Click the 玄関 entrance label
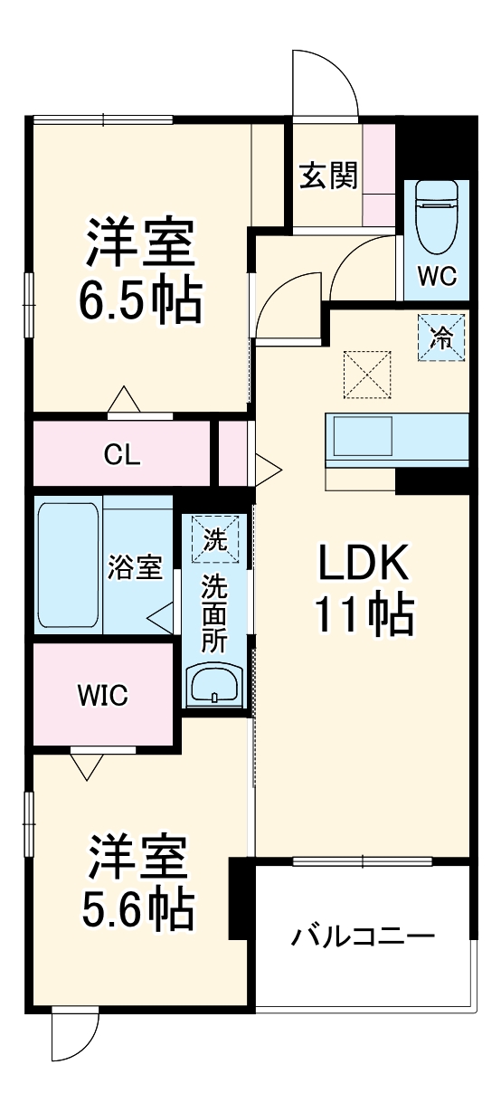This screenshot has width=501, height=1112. coord(328,176)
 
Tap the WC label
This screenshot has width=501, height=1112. coord(437,275)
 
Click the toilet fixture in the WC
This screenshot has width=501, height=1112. coord(436,218)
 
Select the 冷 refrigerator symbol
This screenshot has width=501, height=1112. coord(441,337)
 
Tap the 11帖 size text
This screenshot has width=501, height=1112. coord(364,615)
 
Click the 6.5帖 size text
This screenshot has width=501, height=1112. coord(139,302)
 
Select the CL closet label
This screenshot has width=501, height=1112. coord(121,454)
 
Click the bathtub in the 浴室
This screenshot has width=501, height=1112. coord(69,566)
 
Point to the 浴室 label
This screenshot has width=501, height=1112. coord(135,568)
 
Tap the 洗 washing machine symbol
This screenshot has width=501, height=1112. coord(215,540)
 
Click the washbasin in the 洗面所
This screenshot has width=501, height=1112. coord(213,685)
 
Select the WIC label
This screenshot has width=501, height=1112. coord(102,695)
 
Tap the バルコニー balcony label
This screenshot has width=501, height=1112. coord(363,935)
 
